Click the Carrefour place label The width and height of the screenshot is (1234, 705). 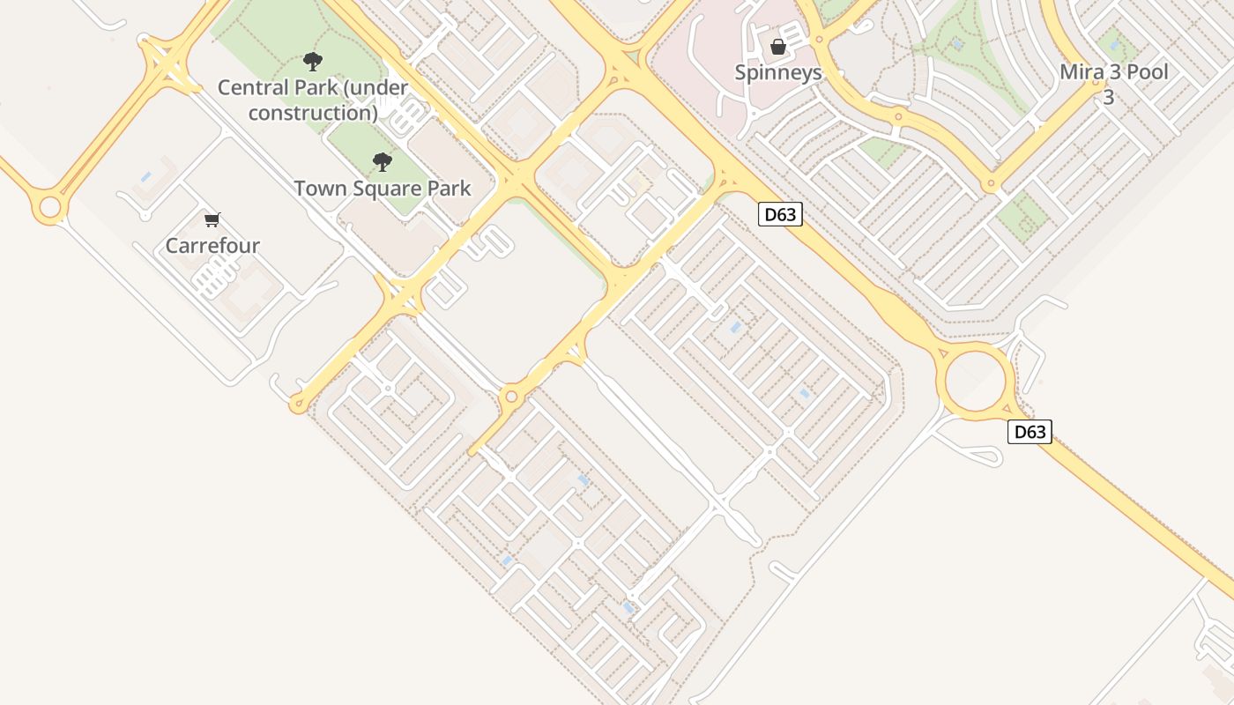[x=212, y=245]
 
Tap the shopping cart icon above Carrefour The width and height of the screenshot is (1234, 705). [x=212, y=219]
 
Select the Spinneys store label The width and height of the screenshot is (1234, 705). [x=778, y=72]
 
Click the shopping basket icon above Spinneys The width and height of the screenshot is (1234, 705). [x=778, y=47]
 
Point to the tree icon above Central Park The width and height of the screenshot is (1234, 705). [x=312, y=62]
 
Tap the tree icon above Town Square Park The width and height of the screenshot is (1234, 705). [x=382, y=162]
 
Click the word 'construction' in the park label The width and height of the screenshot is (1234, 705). [x=313, y=113]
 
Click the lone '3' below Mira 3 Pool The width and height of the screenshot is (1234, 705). [x=1108, y=97]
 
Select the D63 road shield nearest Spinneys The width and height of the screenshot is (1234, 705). [x=780, y=214]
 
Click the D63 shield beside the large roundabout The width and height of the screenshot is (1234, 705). [x=1030, y=432]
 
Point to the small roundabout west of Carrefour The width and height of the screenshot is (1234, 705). [x=49, y=208]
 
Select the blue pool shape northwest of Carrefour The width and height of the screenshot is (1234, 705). [x=146, y=177]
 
